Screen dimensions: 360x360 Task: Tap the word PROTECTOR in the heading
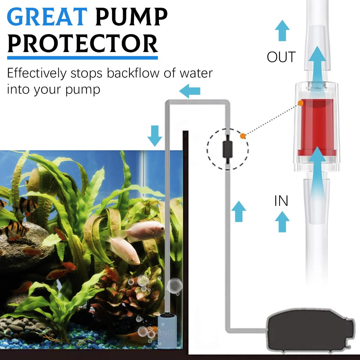tap(83, 44)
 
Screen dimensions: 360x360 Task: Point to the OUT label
tap(281, 57)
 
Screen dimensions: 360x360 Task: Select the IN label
tap(281, 201)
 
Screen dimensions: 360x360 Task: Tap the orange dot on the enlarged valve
tap(301, 103)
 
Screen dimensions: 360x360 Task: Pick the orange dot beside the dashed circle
tap(243, 136)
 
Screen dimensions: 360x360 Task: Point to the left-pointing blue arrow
tap(190, 91)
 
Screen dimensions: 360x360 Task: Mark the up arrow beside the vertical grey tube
tap(239, 211)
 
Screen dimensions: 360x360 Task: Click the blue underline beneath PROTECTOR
tap(83, 57)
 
